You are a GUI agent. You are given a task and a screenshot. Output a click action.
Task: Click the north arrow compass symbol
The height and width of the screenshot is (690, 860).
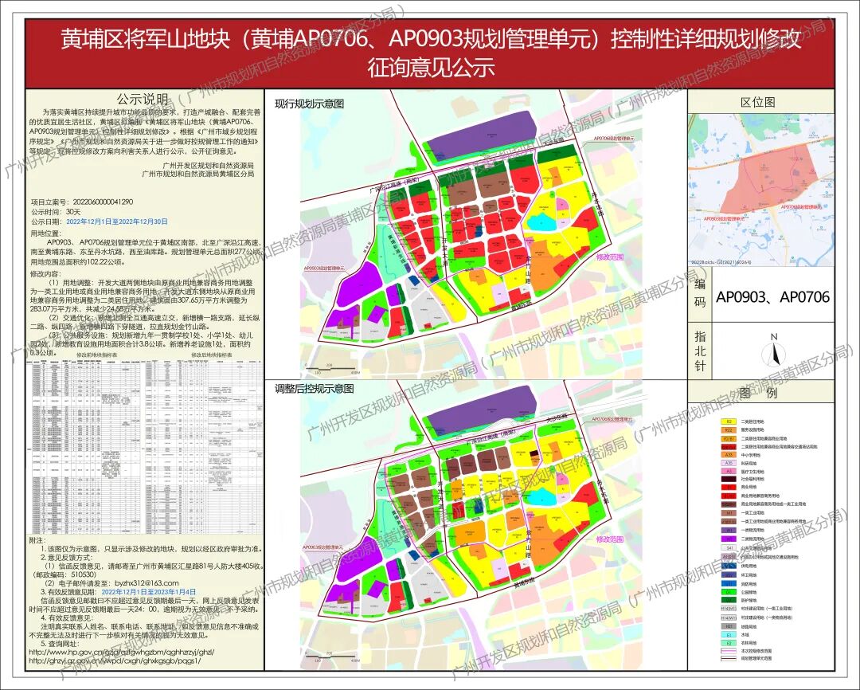click(772, 351)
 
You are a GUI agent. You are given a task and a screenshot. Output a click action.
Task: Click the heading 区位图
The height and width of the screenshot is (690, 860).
click(757, 103)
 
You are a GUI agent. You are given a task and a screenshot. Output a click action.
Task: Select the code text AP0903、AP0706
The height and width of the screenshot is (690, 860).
click(772, 297)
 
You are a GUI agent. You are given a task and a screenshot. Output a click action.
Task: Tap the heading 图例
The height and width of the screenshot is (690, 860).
click(757, 393)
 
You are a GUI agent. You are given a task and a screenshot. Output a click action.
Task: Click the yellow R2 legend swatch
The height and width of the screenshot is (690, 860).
click(728, 421)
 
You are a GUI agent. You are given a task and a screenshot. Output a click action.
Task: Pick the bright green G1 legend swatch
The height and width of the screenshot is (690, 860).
click(728, 591)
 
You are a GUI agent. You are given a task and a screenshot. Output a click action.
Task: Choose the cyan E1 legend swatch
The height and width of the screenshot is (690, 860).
click(728, 634)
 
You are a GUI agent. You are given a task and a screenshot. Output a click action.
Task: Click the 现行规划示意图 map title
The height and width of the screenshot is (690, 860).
click(309, 104)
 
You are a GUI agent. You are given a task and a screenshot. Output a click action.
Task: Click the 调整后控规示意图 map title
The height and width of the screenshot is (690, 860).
click(314, 389)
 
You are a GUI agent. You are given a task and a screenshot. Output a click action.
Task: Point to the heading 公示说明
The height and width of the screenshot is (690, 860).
click(143, 100)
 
